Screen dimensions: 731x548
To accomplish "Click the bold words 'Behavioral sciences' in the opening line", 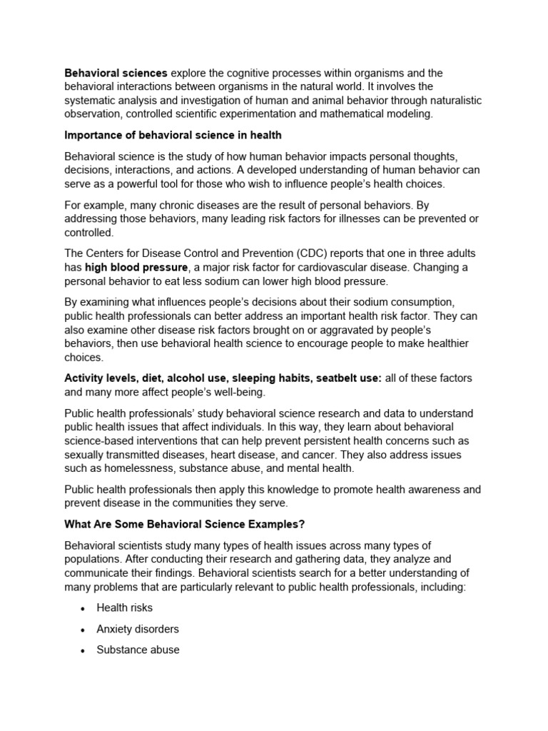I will click(x=116, y=73).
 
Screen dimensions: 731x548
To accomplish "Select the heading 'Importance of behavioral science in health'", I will click(x=173, y=135).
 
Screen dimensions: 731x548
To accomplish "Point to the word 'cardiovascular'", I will click(x=333, y=267).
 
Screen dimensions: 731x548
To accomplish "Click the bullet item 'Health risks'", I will click(x=125, y=608).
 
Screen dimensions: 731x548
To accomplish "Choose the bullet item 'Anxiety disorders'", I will click(x=138, y=629).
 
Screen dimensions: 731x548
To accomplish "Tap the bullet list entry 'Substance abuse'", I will click(x=138, y=650).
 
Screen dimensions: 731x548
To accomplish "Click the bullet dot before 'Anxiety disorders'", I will click(x=83, y=630).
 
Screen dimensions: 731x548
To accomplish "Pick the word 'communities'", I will click(x=202, y=503).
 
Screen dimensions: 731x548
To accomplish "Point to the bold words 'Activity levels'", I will click(x=99, y=378).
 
